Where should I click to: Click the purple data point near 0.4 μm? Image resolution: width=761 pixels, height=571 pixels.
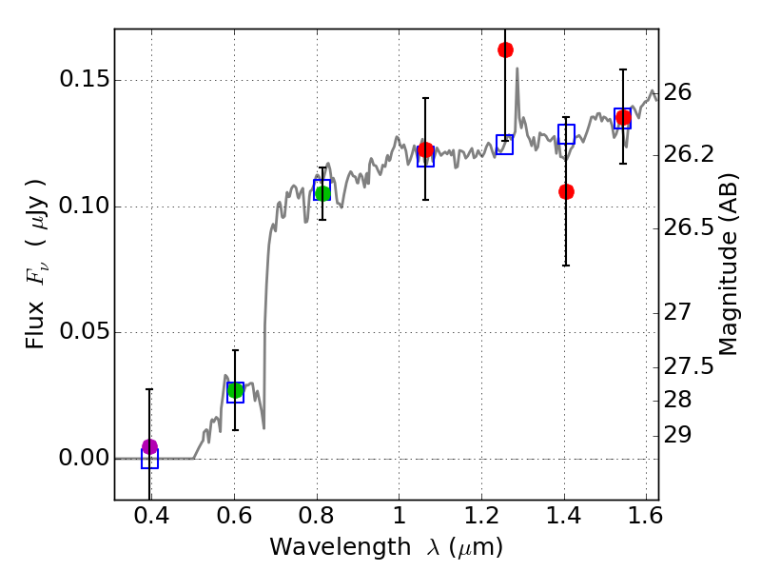pyautogui.click(x=149, y=446)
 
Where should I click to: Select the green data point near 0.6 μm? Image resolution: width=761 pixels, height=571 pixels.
pyautogui.click(x=235, y=390)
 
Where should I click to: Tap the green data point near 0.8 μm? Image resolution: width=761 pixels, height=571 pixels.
pyautogui.click(x=322, y=193)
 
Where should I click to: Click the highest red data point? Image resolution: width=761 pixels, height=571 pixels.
pyautogui.click(x=505, y=49)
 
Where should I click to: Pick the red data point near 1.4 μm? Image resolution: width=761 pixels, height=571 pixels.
pyautogui.click(x=566, y=191)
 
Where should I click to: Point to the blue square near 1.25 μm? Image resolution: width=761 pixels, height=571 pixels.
pyautogui.click(x=505, y=145)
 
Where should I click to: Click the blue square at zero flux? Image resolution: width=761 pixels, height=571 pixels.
pyautogui.click(x=149, y=459)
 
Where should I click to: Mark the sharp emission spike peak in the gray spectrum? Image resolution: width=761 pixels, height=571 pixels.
pyautogui.click(x=517, y=68)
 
